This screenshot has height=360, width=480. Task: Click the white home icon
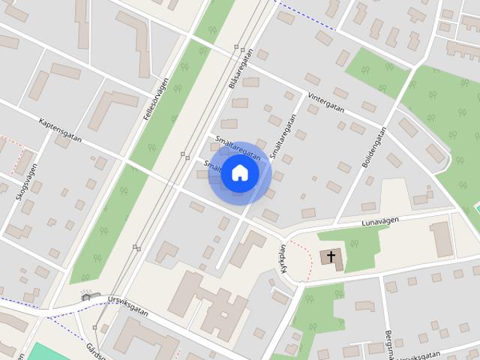239,173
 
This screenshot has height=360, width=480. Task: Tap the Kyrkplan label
283,259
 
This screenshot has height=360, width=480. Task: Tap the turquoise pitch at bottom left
45,352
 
